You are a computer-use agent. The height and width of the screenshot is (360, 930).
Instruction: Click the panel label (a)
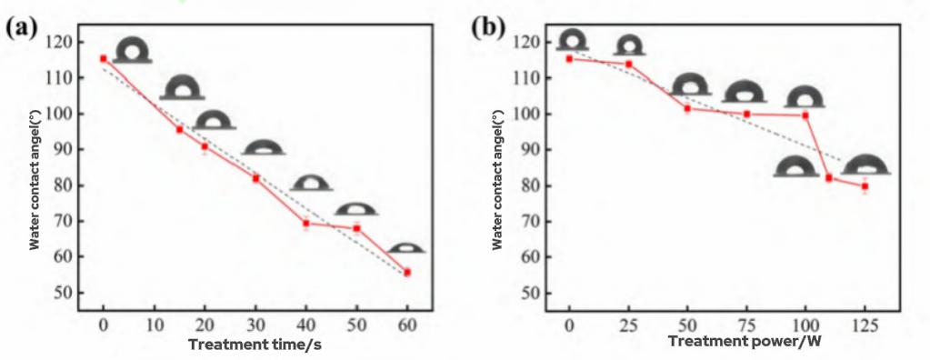pos(21,26)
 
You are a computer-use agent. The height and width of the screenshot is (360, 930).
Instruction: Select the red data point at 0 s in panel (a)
pos(103,58)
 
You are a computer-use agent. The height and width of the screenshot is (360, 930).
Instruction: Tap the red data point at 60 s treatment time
pos(407,272)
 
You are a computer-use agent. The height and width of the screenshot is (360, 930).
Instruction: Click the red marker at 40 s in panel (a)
pos(306,223)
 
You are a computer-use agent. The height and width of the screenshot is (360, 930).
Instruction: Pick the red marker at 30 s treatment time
pos(255,178)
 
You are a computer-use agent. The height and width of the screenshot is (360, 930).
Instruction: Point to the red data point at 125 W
pos(865,186)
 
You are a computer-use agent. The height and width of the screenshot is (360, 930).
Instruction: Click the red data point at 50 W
pos(687,108)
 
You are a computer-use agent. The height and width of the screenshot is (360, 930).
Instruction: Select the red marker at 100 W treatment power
pos(805,115)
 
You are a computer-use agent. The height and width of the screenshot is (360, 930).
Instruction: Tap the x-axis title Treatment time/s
pos(255,345)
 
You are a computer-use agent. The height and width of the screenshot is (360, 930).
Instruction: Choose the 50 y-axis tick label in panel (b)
pos(529,293)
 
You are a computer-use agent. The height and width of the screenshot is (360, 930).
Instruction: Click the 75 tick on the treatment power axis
pos(746,326)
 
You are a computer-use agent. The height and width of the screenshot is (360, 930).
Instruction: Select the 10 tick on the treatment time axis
pos(154,326)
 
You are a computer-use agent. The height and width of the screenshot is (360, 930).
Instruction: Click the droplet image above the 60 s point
pos(405,248)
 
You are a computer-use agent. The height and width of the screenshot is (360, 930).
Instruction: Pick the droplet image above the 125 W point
pos(865,165)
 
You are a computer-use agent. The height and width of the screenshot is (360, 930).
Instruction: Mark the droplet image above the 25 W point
pos(628,45)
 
